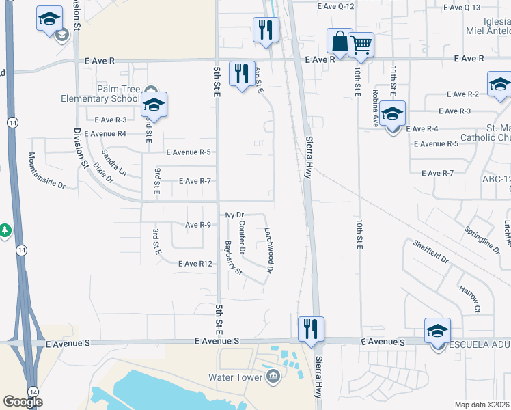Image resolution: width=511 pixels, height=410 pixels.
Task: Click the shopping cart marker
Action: [361, 46]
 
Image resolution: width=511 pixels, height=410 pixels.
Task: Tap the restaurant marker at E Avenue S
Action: [311, 329]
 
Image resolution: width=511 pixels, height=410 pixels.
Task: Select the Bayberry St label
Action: [233, 258]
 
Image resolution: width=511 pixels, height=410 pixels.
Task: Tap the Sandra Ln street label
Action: [114, 163]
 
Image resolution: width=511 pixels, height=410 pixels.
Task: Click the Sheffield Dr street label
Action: [430, 251]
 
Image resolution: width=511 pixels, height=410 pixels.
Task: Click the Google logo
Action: [23, 402]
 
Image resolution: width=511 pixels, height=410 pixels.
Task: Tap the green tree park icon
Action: [5, 231]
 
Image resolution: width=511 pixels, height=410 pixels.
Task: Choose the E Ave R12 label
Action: [195, 264]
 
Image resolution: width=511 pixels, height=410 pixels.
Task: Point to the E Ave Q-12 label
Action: [336, 6]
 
